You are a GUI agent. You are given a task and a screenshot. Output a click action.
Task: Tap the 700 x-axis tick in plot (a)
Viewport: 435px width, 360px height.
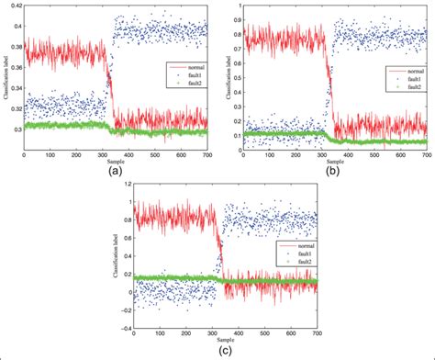tap(207, 156)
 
